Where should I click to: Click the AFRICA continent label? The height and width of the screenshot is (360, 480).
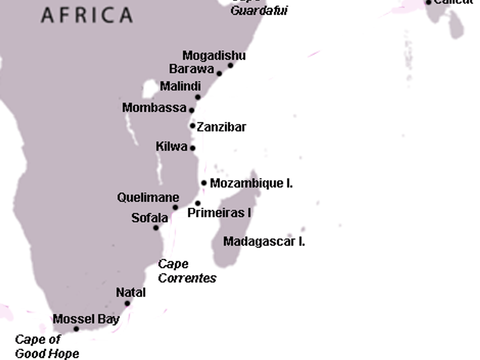coord(86,15)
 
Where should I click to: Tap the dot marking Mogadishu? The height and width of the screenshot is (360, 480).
coord(230,65)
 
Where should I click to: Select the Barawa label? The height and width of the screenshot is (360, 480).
coord(191,69)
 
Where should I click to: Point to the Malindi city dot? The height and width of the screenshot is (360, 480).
coord(198,97)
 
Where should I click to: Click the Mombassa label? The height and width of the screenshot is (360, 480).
coord(154,108)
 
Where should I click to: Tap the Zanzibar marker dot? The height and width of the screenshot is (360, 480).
coord(192,126)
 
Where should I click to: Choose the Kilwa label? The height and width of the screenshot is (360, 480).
coord(171,147)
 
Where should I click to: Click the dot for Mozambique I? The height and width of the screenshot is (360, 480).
coord(204,183)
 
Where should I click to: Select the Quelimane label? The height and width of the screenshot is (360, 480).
coord(148,198)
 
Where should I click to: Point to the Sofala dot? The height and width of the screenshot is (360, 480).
coord(156,228)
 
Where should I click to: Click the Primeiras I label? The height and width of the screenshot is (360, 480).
coord(219,212)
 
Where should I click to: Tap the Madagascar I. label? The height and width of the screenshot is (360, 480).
coord(264,242)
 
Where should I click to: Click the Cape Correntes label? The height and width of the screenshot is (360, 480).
coord(187,271)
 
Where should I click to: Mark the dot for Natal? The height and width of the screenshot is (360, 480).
coord(127,303)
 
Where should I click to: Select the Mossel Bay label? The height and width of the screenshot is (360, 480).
coord(86,319)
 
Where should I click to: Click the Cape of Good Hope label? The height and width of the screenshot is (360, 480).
coord(47,347)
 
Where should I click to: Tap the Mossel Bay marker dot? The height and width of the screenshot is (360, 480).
coord(76,329)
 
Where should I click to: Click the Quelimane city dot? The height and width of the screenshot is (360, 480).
coord(175,207)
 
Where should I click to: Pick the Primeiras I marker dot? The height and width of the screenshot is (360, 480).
coord(198,203)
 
